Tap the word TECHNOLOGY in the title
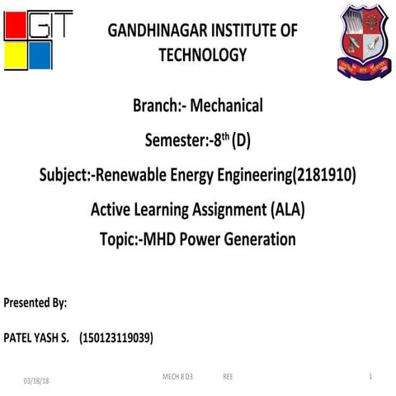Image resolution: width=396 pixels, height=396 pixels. click(x=203, y=55)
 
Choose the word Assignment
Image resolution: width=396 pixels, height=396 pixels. click(x=223, y=210)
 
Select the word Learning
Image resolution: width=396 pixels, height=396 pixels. click(x=154, y=210)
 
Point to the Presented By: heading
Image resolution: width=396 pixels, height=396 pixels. click(x=35, y=303)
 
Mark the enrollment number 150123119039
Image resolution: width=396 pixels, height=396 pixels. click(x=115, y=338)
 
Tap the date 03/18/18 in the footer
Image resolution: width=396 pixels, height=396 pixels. click(x=36, y=380)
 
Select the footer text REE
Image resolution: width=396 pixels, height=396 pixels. click(x=228, y=376)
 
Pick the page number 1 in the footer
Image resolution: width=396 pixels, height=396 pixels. click(x=371, y=376)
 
